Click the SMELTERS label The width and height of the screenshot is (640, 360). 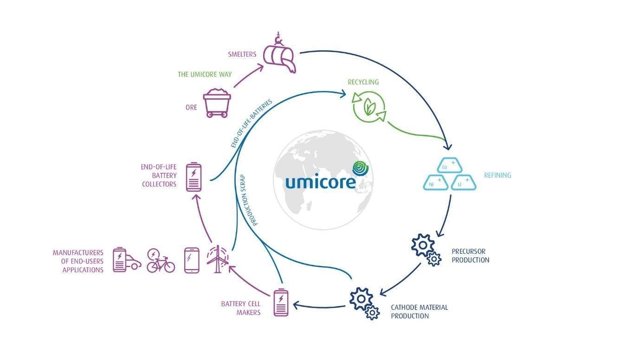point(242,54)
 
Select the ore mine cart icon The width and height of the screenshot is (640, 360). point(216,103)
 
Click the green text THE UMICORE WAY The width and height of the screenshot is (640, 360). point(204,74)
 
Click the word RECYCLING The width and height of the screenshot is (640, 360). point(363,82)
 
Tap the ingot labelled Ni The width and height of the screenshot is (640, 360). point(435,183)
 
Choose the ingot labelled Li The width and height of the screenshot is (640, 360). point(463,183)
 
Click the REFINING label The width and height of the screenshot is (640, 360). point(498,175)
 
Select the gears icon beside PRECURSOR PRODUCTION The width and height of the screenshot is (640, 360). point(426,250)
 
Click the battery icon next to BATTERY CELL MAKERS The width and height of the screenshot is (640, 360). point(281,303)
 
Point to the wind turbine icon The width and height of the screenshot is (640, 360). point(217,259)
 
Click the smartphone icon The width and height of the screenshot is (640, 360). point(192,260)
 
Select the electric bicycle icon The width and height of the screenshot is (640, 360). point(160,261)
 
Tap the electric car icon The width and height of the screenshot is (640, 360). point(127,260)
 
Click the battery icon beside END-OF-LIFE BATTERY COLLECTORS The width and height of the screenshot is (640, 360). point(194,176)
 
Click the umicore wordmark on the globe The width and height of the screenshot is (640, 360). point(320,180)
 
